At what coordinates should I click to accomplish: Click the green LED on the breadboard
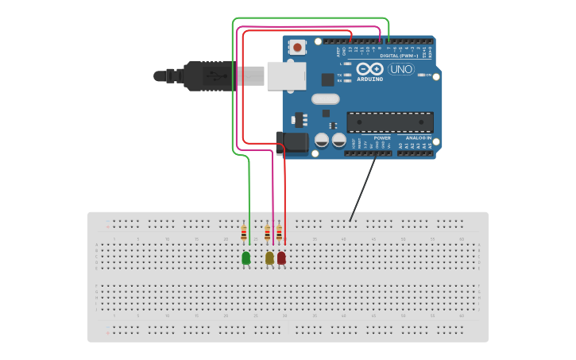[245, 257]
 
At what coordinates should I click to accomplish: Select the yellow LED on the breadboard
[269, 257]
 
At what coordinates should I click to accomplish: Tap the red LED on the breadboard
[281, 257]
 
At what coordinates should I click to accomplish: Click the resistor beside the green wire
[244, 233]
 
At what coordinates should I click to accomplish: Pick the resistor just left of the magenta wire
[268, 233]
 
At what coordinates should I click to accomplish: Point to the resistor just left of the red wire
[279, 233]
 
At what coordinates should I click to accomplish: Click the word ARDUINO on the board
[369, 79]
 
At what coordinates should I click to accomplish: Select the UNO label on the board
[400, 69]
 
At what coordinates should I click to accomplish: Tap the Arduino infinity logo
[369, 68]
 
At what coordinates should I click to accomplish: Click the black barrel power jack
[292, 144]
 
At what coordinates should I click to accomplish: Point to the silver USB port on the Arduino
[286, 75]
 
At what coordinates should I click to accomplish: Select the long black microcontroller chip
[390, 122]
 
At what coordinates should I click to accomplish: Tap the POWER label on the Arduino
[381, 137]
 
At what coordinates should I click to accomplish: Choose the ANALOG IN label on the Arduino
[418, 137]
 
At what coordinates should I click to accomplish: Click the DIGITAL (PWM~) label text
[400, 56]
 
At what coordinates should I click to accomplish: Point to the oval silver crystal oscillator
[325, 99]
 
